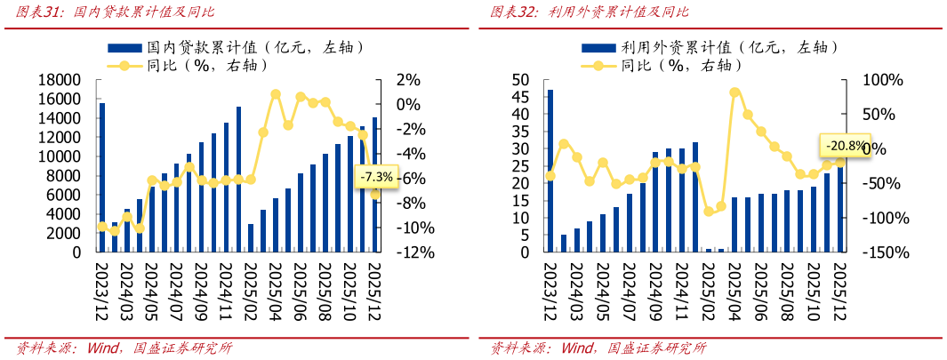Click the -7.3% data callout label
(x=376, y=177)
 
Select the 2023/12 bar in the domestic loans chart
(x=102, y=178)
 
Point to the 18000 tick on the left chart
(x=58, y=80)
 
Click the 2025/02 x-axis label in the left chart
(x=251, y=290)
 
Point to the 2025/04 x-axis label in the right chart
(x=734, y=290)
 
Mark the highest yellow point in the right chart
(x=735, y=92)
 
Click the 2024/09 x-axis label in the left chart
(x=201, y=290)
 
